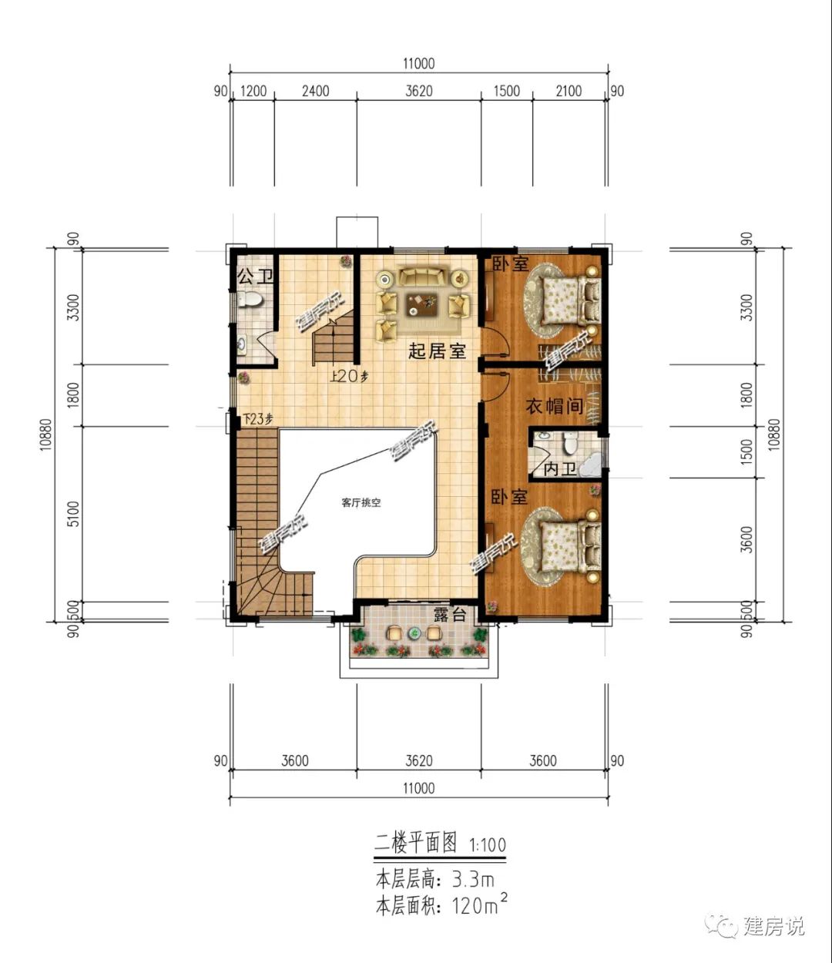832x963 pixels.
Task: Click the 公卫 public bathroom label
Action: click(255, 277)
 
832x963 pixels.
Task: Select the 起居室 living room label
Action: click(437, 351)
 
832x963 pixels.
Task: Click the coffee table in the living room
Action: click(422, 305)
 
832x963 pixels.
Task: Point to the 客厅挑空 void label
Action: click(361, 503)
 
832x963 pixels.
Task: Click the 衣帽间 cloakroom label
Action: click(555, 406)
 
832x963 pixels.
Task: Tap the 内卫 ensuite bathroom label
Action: click(560, 468)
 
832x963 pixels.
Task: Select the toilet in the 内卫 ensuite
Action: click(569, 443)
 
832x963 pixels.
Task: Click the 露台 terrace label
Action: click(450, 615)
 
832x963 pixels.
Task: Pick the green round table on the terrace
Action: click(414, 632)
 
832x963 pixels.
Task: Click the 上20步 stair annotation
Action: click(349, 376)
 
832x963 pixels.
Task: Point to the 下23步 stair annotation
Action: click(257, 419)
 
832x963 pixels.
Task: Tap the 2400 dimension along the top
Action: click(315, 91)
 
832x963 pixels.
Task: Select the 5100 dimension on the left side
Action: click(74, 514)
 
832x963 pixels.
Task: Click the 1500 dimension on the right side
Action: click(746, 451)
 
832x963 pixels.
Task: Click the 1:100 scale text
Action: click(488, 844)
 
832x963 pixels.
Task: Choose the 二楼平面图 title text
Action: click(415, 844)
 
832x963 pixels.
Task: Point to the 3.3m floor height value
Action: click(473, 880)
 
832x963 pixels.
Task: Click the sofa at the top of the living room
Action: click(422, 277)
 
